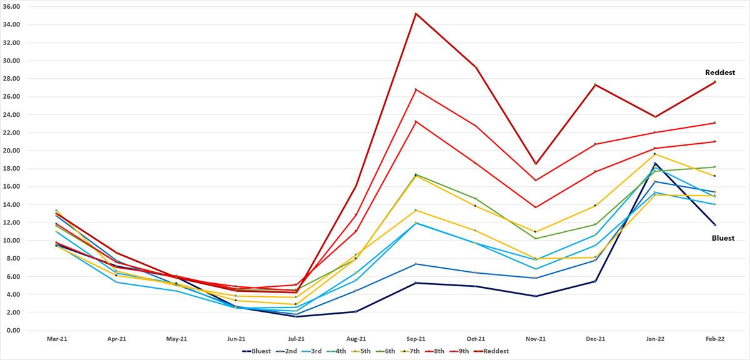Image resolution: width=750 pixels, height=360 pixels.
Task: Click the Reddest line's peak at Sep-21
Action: click(x=416, y=13)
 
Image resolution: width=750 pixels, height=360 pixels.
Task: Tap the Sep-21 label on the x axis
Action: click(x=416, y=339)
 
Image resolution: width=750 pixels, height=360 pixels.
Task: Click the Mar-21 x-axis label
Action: click(x=57, y=339)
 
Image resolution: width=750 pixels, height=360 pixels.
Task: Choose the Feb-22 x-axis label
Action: click(x=714, y=339)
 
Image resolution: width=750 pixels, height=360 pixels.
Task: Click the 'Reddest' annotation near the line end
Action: click(x=719, y=72)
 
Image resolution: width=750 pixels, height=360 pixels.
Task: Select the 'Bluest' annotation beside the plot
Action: click(x=723, y=238)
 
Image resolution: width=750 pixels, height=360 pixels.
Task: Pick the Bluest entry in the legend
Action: click(x=256, y=351)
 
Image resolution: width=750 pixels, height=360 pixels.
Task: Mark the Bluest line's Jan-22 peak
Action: click(x=654, y=163)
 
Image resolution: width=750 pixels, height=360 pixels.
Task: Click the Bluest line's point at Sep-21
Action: click(x=416, y=282)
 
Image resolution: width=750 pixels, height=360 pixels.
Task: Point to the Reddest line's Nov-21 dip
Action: click(x=535, y=164)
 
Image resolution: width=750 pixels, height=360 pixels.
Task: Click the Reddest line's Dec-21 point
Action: click(x=595, y=84)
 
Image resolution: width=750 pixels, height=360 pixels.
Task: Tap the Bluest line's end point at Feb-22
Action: click(x=714, y=225)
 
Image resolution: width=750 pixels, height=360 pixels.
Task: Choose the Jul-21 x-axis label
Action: click(x=296, y=339)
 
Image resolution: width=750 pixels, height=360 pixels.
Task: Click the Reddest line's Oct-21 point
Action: click(x=476, y=67)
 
